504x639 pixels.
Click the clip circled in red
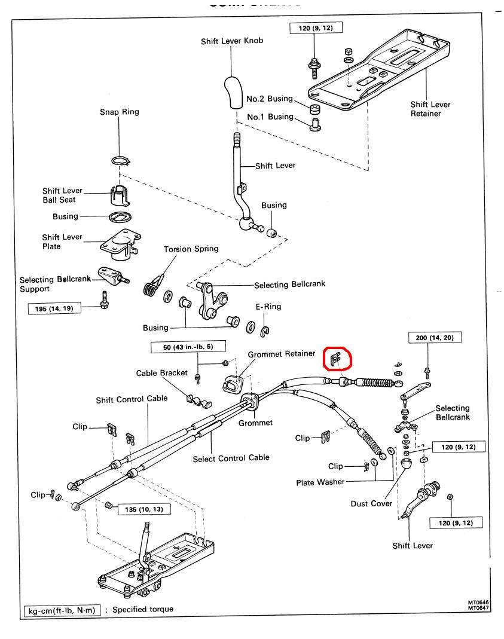coord(335,359)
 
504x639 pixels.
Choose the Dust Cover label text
coord(371,503)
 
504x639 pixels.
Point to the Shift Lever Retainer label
coord(430,109)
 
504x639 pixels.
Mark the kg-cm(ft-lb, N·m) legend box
coord(62,610)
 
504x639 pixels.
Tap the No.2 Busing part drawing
coord(314,109)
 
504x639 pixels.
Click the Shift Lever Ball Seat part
coord(120,195)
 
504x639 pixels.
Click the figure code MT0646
coord(478,603)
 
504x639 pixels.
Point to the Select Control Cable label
coord(231,458)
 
